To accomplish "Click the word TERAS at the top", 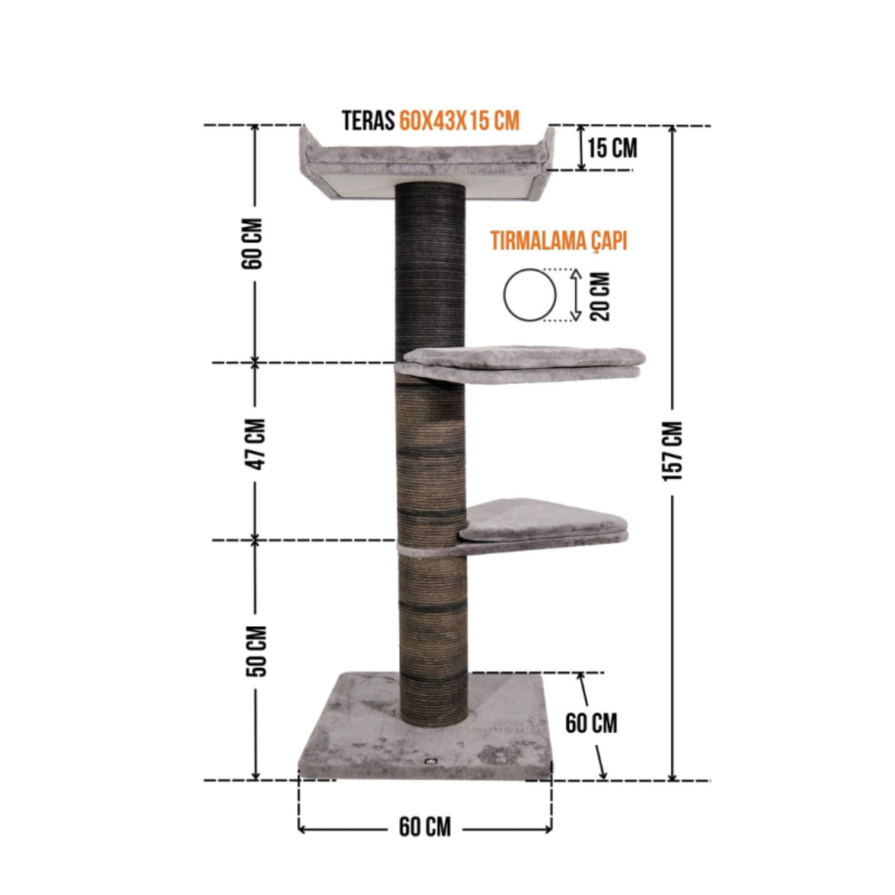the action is click(368, 121).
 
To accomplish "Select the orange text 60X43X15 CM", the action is click(459, 121).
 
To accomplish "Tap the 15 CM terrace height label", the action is click(612, 148).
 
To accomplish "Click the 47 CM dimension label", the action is click(255, 444).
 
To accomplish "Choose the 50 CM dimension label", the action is click(256, 651).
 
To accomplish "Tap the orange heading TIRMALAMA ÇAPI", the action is click(559, 242).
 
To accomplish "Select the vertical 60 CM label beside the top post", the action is click(252, 243).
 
